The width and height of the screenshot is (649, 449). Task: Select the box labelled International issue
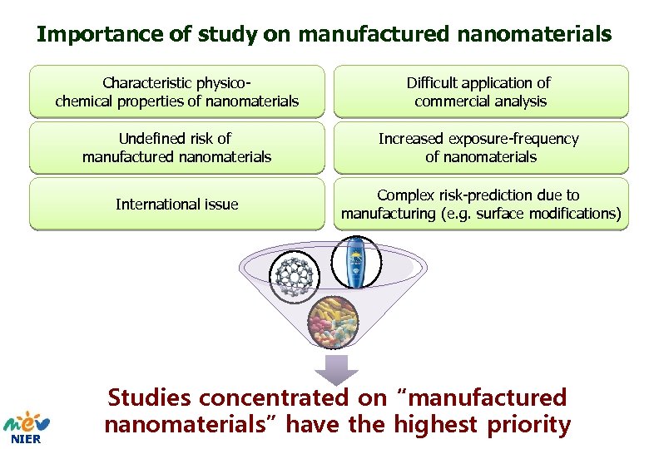[x=176, y=204]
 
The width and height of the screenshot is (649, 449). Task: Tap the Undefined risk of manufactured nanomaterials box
[x=176, y=148]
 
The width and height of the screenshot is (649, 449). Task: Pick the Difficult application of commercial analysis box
[x=481, y=92]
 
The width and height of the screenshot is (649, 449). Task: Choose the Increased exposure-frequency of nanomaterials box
[x=481, y=148]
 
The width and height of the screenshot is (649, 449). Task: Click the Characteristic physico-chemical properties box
[x=176, y=92]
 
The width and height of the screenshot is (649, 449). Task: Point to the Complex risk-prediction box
[x=481, y=204]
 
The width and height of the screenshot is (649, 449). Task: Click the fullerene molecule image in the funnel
[x=300, y=279]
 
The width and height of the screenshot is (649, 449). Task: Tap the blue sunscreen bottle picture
[x=355, y=263]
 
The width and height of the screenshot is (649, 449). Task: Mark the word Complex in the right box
[x=403, y=195]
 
